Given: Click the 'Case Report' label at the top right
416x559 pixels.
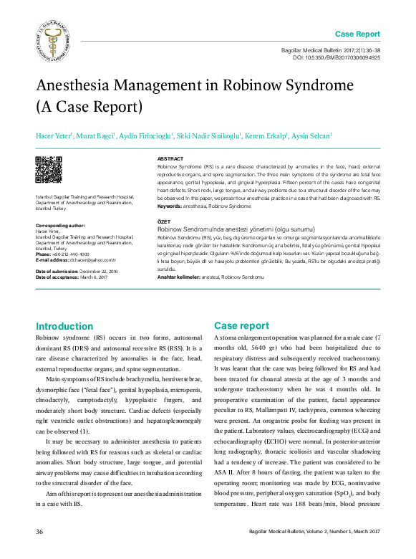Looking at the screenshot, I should (x=357, y=34).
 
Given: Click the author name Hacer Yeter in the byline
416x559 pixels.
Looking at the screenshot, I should (x=54, y=135).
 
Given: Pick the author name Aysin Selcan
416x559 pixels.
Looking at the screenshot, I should (x=311, y=135).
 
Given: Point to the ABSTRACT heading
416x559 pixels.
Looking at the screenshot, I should (x=170, y=158).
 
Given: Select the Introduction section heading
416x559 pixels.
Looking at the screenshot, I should (x=64, y=326).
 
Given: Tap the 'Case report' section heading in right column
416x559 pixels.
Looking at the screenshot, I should (x=241, y=325).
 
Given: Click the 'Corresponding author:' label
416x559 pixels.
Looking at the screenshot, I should (x=60, y=225).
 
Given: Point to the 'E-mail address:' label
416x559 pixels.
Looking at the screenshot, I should (x=52, y=259).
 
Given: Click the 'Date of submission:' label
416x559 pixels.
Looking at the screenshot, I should (x=56, y=272).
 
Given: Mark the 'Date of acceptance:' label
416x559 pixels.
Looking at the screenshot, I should (x=56, y=277).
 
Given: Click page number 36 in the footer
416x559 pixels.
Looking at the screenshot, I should (x=40, y=531).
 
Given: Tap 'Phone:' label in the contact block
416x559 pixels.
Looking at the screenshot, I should (x=43, y=254).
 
